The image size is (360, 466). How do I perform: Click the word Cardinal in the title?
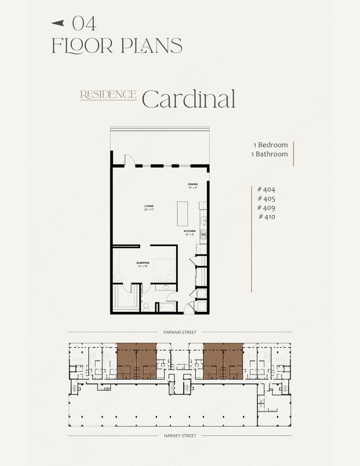pos(188,98)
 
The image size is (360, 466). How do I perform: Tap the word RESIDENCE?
pos(108,94)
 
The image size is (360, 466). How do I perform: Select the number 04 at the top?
pos(84,23)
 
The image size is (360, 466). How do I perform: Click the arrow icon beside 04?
pos(58,23)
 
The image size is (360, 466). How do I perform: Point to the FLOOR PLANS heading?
pos(117,45)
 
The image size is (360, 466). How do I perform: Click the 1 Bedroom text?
pos(271,145)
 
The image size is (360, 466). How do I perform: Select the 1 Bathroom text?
pos(269,154)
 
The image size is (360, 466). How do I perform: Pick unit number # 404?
pos(266,189)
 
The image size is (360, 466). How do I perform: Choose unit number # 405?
pos(266,198)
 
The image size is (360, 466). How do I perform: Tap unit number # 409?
pos(266,208)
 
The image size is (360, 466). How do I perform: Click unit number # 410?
pos(266,217)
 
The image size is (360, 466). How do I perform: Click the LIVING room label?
pos(149,207)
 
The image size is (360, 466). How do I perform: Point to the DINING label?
pos(192,185)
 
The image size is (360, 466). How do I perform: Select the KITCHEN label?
pos(189,232)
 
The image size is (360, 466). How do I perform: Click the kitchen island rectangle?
pos(182,213)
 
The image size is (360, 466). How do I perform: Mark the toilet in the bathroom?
pos(146,305)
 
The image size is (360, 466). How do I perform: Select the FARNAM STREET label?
pos(179,332)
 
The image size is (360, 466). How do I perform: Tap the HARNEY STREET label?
pos(179,436)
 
